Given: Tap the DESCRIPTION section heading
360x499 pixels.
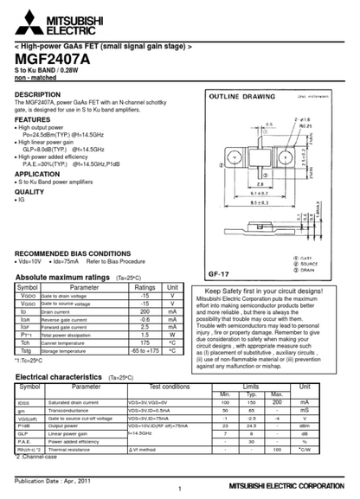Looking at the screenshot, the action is [x=37, y=94].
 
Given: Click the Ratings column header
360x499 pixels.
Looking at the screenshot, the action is [x=145, y=287].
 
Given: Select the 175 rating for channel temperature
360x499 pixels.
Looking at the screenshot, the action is [x=145, y=342].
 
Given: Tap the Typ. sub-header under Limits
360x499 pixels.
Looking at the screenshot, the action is [x=252, y=394].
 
